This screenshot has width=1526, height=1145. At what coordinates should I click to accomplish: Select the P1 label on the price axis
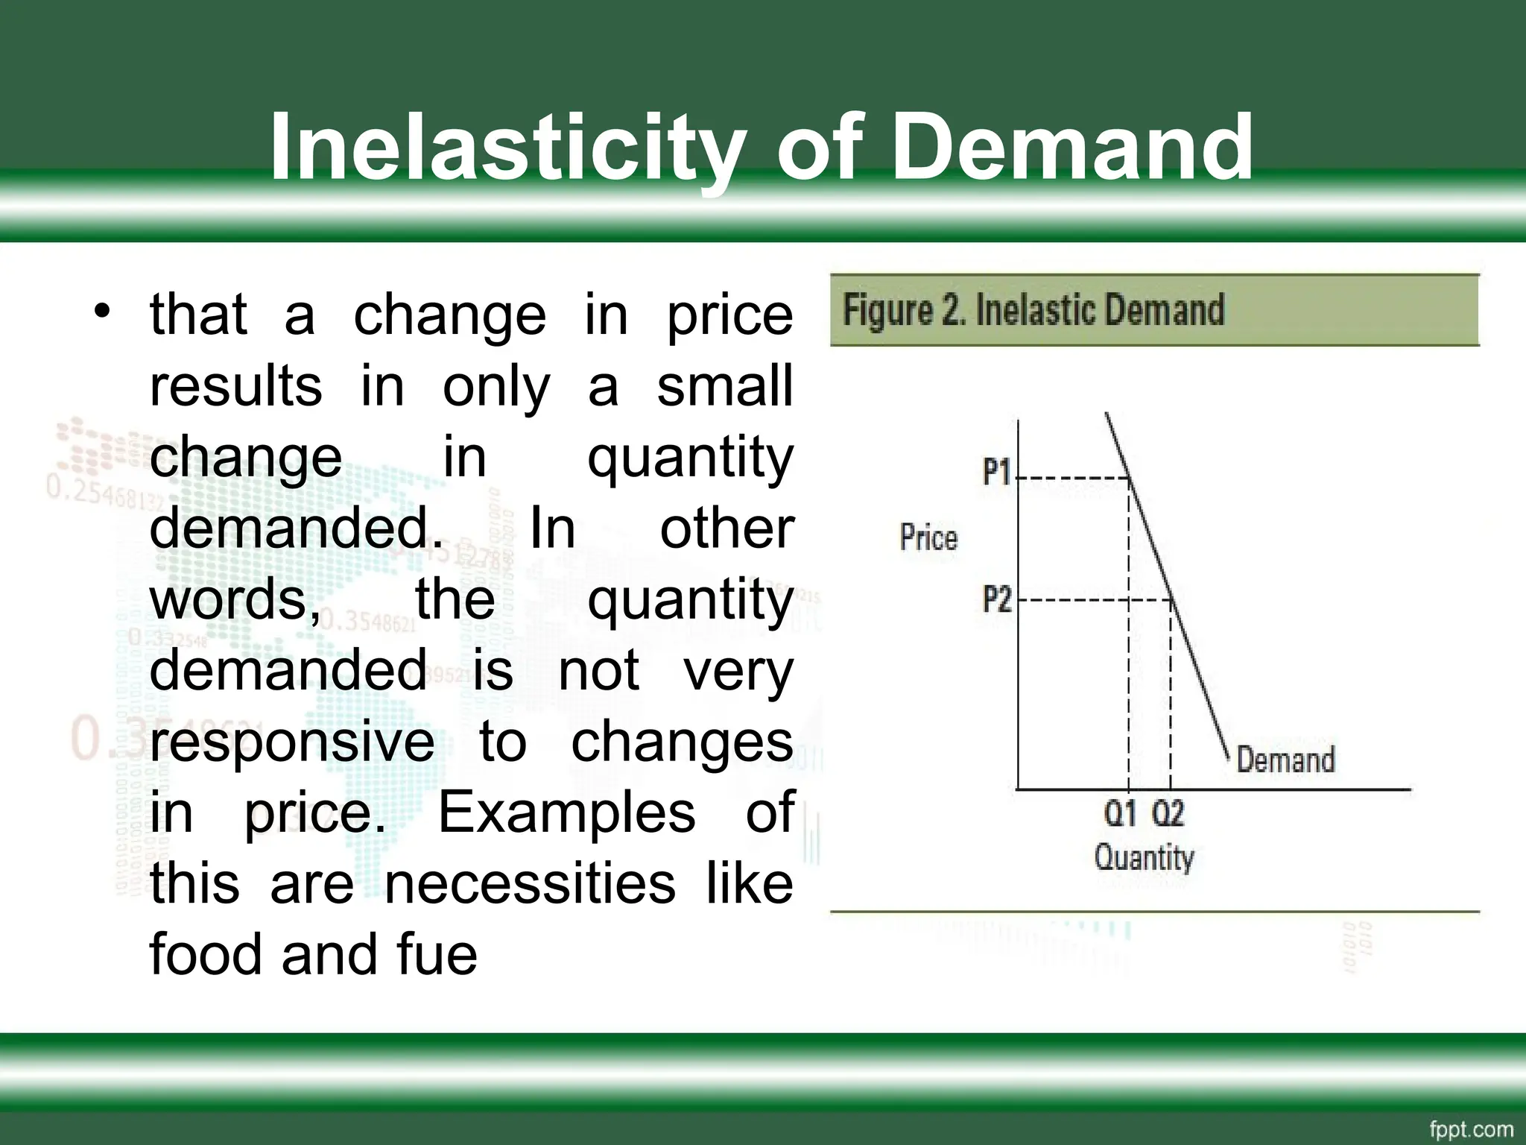pos(996,472)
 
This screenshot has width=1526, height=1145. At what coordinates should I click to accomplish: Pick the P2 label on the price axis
pos(997,599)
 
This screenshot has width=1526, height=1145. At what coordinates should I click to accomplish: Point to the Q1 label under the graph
pos(1120,813)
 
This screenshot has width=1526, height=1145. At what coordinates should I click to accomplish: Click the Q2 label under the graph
pos(1168,813)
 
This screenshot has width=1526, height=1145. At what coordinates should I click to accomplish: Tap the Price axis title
pos(928,537)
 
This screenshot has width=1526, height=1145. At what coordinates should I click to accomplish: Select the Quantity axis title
pos(1144,857)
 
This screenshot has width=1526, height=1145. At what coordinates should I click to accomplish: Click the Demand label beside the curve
pos(1285,760)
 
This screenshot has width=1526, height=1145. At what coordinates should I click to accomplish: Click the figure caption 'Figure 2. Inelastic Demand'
pos(1033,310)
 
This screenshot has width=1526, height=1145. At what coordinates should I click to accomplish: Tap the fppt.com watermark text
pos(1471,1129)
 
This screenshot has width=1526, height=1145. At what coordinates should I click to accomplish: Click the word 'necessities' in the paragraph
pos(530,883)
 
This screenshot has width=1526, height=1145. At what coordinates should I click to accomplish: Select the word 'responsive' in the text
pos(292,742)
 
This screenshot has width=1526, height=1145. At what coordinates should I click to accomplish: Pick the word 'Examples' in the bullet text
pos(566,813)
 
